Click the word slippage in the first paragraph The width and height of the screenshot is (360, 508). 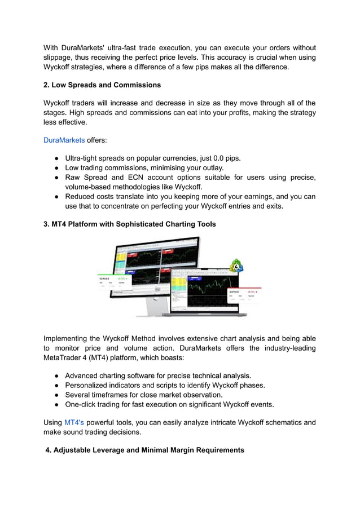(x=59, y=58)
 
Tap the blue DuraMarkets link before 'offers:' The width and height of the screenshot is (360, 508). (x=64, y=140)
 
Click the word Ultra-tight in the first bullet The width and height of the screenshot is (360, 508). (x=84, y=158)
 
